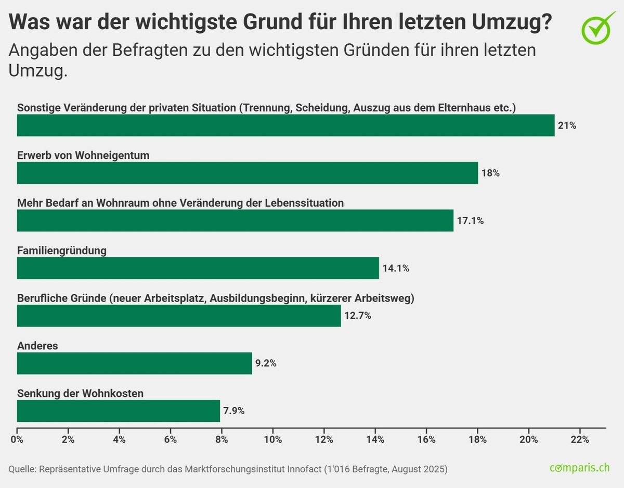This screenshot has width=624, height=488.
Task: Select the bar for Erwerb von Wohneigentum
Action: (x=247, y=173)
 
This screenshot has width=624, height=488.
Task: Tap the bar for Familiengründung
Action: (x=198, y=268)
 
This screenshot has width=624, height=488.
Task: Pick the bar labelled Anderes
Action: (x=134, y=364)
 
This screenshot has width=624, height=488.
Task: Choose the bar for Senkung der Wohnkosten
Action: (x=119, y=411)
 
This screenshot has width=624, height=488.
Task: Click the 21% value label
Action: (x=567, y=126)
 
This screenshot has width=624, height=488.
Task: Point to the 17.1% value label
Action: (x=470, y=221)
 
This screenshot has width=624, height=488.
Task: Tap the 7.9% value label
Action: (x=234, y=411)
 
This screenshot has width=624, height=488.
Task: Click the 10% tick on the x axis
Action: (x=273, y=440)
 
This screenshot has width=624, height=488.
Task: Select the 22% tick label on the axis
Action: (x=580, y=440)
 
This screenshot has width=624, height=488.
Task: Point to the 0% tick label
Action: (x=17, y=440)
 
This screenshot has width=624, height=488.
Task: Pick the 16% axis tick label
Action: (x=426, y=440)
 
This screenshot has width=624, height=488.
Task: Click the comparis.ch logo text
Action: (x=579, y=467)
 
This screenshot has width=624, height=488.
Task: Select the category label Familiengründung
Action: (x=62, y=251)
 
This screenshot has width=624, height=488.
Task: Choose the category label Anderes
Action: (x=37, y=346)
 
